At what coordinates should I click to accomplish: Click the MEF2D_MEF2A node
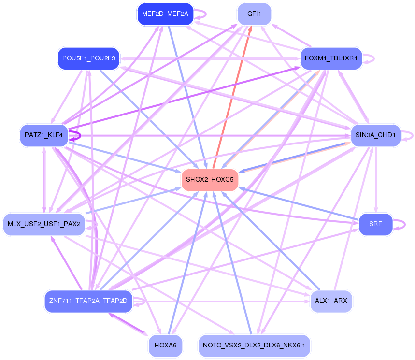(x=165, y=14)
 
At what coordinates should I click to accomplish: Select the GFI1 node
(x=254, y=14)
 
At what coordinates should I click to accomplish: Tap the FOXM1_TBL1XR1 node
(x=331, y=58)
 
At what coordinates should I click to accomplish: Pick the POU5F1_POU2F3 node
(x=88, y=58)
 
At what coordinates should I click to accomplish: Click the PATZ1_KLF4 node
(x=43, y=135)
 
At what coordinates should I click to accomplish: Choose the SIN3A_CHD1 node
(x=375, y=135)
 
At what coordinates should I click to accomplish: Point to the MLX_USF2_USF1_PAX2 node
(x=44, y=224)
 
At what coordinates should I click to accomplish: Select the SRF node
(x=375, y=224)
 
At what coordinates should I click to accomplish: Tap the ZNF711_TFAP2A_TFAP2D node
(x=88, y=301)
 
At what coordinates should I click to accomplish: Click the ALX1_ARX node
(x=331, y=301)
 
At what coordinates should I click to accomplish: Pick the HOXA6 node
(x=165, y=346)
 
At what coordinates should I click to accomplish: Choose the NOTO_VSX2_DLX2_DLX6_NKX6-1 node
(x=254, y=346)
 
